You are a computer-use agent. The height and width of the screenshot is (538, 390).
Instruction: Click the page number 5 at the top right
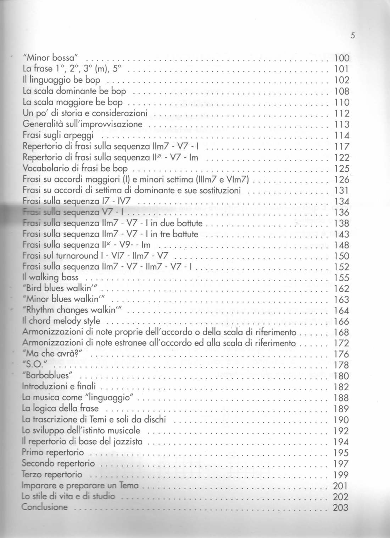coord(352,36)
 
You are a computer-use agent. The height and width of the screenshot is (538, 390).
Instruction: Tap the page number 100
coord(342,58)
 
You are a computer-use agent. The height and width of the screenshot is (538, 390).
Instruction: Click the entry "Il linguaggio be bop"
coord(61,80)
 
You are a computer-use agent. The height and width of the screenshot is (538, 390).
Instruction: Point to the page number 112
coord(342,113)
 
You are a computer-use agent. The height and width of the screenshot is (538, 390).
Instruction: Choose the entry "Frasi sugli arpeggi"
coord(58,135)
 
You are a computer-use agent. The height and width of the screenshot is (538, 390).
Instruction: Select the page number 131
coord(342,190)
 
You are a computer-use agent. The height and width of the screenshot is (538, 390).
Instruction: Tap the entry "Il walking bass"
coord(50,277)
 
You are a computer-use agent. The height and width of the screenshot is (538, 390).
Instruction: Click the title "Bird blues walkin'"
coord(57,288)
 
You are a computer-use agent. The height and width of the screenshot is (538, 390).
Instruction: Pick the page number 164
coord(342,310)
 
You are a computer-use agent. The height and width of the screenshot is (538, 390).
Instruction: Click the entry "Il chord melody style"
coord(61,321)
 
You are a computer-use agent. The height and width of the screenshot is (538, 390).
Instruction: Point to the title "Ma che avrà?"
coord(52,354)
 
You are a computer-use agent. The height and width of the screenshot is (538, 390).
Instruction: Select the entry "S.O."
coord(35,365)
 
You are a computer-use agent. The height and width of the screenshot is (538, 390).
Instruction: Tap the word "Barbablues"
coord(48,376)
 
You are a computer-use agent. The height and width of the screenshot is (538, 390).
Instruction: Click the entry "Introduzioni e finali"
coord(58,386)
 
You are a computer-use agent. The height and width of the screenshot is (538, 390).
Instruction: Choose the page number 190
coord(341,420)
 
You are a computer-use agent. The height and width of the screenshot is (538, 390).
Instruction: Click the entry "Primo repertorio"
coord(53,452)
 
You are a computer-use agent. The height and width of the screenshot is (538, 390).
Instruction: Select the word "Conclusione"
coord(44,507)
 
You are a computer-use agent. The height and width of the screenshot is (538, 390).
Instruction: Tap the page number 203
coord(341,507)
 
